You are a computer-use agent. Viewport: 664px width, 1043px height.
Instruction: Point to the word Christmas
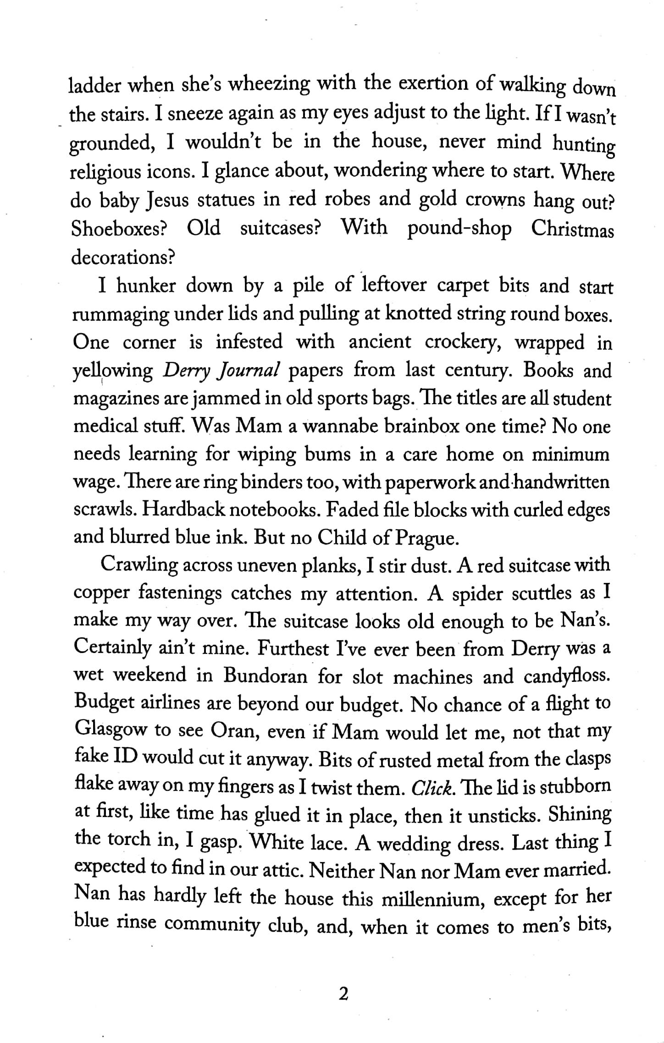click(572, 230)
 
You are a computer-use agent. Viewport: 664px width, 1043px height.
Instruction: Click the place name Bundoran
click(266, 676)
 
